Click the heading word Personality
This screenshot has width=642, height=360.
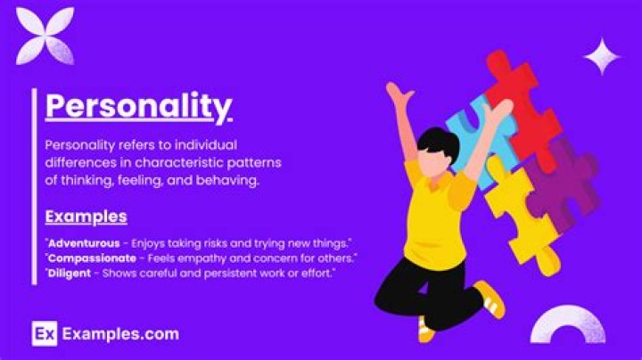coord(137,106)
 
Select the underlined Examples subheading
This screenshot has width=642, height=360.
coord(86,217)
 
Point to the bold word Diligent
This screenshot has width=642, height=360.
coord(70,273)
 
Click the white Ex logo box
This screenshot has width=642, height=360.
coord(44,334)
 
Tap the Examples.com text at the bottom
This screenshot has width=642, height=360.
coord(120,334)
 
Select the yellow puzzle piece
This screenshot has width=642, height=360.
coord(522,214)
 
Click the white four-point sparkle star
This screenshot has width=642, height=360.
coord(602,56)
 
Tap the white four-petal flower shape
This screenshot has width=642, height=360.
coord(45,36)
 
